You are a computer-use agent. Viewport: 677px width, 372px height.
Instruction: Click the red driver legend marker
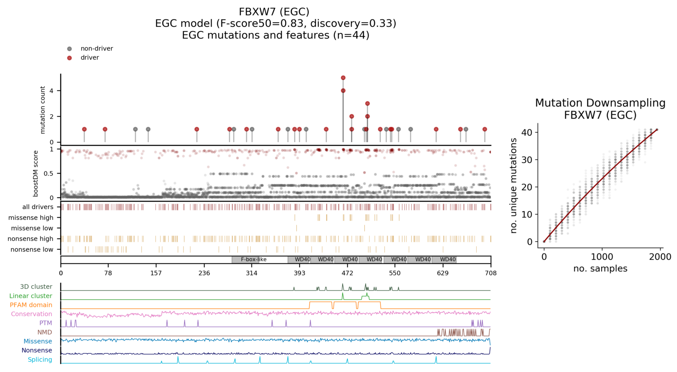pyautogui.click(x=70, y=58)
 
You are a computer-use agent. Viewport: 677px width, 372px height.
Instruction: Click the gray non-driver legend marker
pyautogui.click(x=70, y=49)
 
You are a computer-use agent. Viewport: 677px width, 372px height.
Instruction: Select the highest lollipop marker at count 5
pyautogui.click(x=343, y=78)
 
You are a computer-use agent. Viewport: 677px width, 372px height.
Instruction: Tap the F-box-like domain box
pyautogui.click(x=254, y=259)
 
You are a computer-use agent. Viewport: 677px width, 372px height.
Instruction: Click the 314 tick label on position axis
pyautogui.click(x=251, y=273)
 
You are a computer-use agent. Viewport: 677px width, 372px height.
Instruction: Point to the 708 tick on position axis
pyautogui.click(x=491, y=273)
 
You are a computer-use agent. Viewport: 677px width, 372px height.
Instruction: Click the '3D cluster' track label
pyautogui.click(x=36, y=287)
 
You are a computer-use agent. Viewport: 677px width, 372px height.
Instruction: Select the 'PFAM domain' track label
pyautogui.click(x=31, y=305)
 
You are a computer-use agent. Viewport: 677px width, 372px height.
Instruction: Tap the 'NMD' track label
pyautogui.click(x=44, y=332)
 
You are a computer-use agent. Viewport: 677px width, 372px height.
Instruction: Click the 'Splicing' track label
pyautogui.click(x=40, y=360)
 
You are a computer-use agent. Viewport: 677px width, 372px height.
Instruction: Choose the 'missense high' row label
pyautogui.click(x=31, y=218)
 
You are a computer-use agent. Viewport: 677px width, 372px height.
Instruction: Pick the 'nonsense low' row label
pyautogui.click(x=32, y=250)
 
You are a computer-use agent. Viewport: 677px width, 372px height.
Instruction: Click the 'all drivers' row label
pyautogui.click(x=38, y=207)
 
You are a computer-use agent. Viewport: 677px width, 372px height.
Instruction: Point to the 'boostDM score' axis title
pyautogui.click(x=36, y=173)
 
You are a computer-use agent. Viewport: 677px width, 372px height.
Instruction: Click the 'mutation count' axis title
pyautogui.click(x=43, y=110)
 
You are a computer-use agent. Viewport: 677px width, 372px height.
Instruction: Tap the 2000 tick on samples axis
pyautogui.click(x=660, y=257)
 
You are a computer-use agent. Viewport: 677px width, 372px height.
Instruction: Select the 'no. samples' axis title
pyautogui.click(x=600, y=269)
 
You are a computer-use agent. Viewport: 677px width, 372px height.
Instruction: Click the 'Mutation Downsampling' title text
pyautogui.click(x=600, y=103)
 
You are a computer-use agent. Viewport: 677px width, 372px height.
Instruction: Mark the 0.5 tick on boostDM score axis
pyautogui.click(x=49, y=173)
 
